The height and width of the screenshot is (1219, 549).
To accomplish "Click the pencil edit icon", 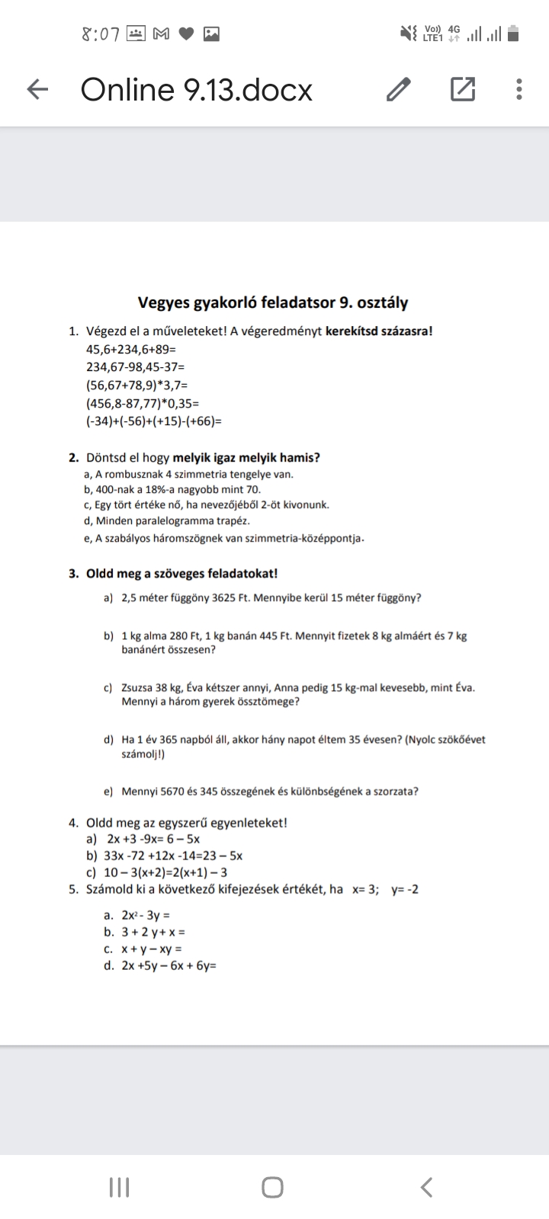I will coord(399,90).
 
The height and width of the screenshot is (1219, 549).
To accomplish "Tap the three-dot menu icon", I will coord(518,90).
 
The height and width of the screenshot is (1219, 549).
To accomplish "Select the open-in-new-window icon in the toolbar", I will coord(462,90).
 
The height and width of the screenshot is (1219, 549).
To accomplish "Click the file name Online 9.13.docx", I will coord(197,90).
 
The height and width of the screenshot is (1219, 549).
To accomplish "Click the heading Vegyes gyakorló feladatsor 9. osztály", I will coord(273,302).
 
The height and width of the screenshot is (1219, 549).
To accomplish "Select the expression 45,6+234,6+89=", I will coord(131,349).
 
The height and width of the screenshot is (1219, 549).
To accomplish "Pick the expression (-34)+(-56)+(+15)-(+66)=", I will coord(154,421).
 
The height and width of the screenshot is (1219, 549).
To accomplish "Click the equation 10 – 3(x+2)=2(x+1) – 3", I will coord(165,872).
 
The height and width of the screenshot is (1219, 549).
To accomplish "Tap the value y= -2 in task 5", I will coord(404,889).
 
